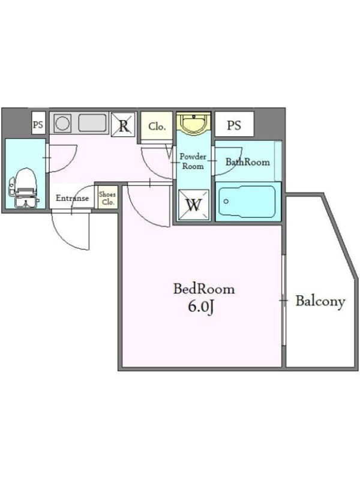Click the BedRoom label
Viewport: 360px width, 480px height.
[x=204, y=289]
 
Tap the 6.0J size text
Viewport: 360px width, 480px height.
[x=200, y=307]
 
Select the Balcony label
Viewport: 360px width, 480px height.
[x=320, y=301]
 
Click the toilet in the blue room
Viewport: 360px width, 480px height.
[x=23, y=188]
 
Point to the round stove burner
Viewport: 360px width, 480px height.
[x=62, y=123]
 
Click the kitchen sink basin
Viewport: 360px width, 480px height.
[x=92, y=123]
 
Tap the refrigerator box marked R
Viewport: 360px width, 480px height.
[x=123, y=125]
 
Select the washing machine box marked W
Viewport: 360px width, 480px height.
[x=194, y=205]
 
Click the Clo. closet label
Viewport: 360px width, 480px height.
[x=157, y=126]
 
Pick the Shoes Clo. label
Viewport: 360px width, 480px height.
[x=107, y=198]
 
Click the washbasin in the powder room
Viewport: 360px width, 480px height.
[x=193, y=123]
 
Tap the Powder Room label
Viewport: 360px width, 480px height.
[x=193, y=161]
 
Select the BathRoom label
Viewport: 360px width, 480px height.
[x=248, y=161]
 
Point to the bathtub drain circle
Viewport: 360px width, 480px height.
[x=226, y=202]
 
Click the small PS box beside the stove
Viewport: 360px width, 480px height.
[x=38, y=125]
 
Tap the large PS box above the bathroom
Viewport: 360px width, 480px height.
[x=234, y=125]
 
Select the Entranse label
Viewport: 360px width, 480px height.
[x=72, y=198]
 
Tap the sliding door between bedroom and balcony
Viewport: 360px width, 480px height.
[x=283, y=301]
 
